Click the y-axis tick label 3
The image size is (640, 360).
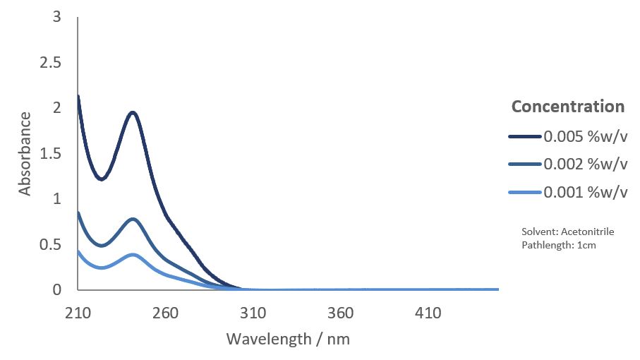click(56, 17)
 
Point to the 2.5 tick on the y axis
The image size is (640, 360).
click(50, 63)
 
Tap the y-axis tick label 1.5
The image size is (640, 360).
click(50, 154)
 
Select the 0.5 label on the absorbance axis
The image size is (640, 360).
click(50, 244)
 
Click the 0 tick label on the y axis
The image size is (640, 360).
click(56, 289)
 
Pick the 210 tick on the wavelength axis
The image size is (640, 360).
click(78, 313)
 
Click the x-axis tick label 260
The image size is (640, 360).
click(165, 313)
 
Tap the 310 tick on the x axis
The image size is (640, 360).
click(253, 313)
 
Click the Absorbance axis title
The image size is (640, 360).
click(25, 153)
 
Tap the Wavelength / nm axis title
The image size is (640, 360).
click(288, 339)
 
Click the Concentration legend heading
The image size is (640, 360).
click(568, 107)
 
